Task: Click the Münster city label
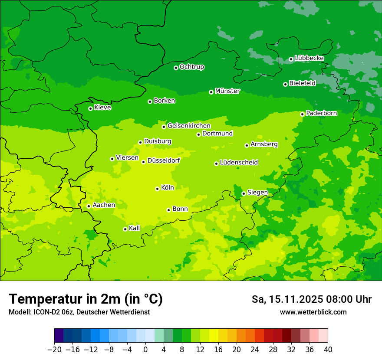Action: pyautogui.click(x=227, y=91)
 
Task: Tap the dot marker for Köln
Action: pyautogui.click(x=157, y=189)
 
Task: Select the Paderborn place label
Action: pyautogui.click(x=321, y=113)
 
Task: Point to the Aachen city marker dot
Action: pyautogui.click(x=89, y=206)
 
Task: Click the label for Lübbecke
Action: pyautogui.click(x=309, y=58)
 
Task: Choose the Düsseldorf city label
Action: pyautogui.click(x=163, y=160)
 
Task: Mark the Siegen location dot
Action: pyautogui.click(x=244, y=194)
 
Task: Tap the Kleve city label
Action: pyautogui.click(x=102, y=108)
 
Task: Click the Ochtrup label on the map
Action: pyautogui.click(x=191, y=67)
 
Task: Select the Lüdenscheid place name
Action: pyautogui.click(x=239, y=163)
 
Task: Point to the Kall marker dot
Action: pyautogui.click(x=125, y=229)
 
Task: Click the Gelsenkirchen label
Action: pyautogui.click(x=189, y=126)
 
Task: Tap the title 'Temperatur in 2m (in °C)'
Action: pyautogui.click(x=86, y=299)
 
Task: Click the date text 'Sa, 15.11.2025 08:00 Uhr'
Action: pyautogui.click(x=311, y=299)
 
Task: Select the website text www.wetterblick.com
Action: pyautogui.click(x=313, y=312)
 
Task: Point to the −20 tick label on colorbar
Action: pyautogui.click(x=54, y=350)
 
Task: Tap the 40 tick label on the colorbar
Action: pyautogui.click(x=328, y=350)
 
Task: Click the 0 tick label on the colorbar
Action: pyautogui.click(x=145, y=350)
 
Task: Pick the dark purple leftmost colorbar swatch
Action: pyautogui.click(x=59, y=336)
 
